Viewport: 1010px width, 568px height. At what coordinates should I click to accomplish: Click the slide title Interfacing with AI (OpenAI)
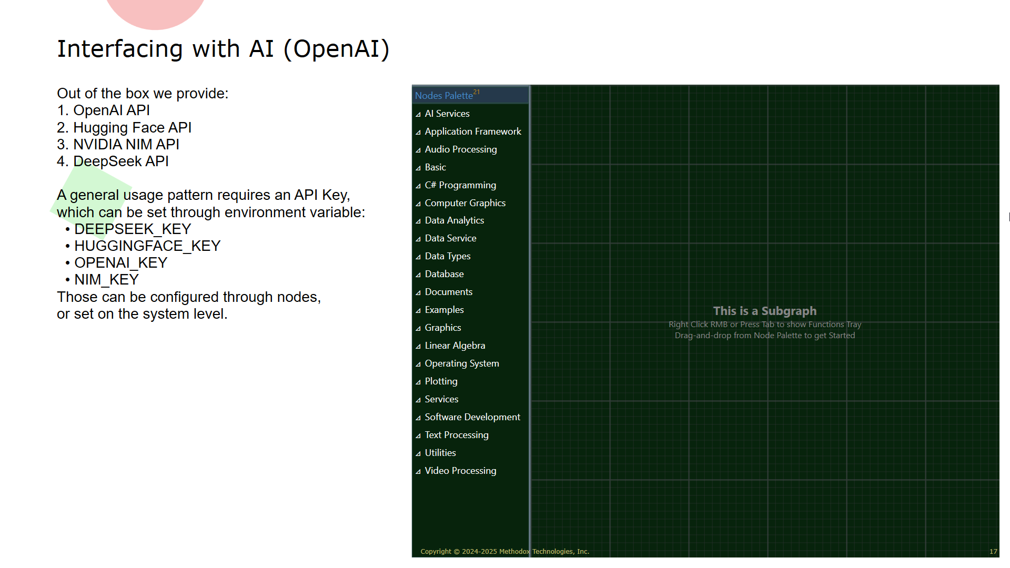click(223, 49)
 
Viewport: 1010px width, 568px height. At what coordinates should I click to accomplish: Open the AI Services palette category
click(447, 114)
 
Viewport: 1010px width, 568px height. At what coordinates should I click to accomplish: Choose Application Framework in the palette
click(473, 131)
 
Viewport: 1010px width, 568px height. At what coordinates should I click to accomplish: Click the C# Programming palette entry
click(460, 185)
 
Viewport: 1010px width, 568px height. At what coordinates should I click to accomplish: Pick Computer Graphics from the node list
click(465, 203)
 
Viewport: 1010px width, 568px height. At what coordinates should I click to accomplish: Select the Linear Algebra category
click(455, 346)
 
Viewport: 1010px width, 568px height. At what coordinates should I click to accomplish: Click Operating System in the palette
click(462, 363)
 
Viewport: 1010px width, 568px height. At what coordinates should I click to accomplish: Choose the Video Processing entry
click(460, 471)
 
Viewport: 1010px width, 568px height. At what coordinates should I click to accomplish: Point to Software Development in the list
click(472, 417)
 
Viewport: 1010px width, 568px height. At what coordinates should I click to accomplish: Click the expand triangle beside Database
click(418, 275)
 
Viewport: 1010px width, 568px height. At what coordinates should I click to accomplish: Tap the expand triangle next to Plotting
click(418, 382)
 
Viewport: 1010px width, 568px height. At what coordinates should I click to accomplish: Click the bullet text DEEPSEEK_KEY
click(133, 229)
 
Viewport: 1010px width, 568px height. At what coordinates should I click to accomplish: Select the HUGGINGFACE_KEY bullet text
click(147, 246)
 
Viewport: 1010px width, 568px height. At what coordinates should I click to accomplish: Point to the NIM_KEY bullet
click(106, 280)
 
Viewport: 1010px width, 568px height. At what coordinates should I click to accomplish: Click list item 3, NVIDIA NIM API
click(118, 145)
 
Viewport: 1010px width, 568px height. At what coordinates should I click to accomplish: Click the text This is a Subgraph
click(765, 311)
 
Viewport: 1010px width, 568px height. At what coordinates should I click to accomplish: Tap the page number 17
click(993, 552)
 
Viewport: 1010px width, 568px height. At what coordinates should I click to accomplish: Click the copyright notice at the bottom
click(504, 552)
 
